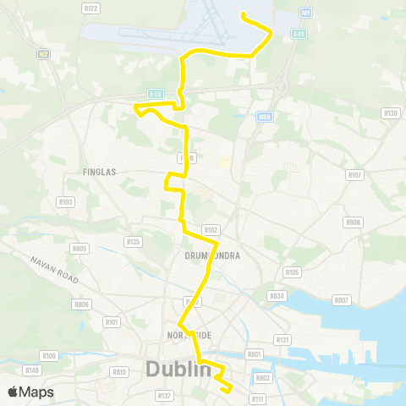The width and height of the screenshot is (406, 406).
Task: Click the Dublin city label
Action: click(178, 370)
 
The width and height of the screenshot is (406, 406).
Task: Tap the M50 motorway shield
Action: click(265, 116)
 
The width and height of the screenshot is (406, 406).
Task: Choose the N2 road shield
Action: click(42, 53)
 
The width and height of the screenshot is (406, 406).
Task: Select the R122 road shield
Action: click(92, 8)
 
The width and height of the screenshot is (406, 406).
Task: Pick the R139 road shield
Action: click(390, 112)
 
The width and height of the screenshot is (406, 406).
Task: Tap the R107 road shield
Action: click(354, 175)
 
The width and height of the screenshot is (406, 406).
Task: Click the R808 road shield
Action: click(353, 222)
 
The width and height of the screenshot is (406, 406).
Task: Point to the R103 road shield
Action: click(65, 202)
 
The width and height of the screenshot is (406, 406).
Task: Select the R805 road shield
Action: click(80, 249)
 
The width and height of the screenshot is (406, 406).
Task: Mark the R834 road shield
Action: click(275, 296)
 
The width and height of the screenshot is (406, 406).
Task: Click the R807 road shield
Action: click(342, 300)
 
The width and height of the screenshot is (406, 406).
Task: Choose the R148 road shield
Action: click(33, 370)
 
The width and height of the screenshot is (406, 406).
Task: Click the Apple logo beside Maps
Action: click(14, 392)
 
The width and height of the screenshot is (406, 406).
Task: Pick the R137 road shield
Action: click(164, 396)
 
